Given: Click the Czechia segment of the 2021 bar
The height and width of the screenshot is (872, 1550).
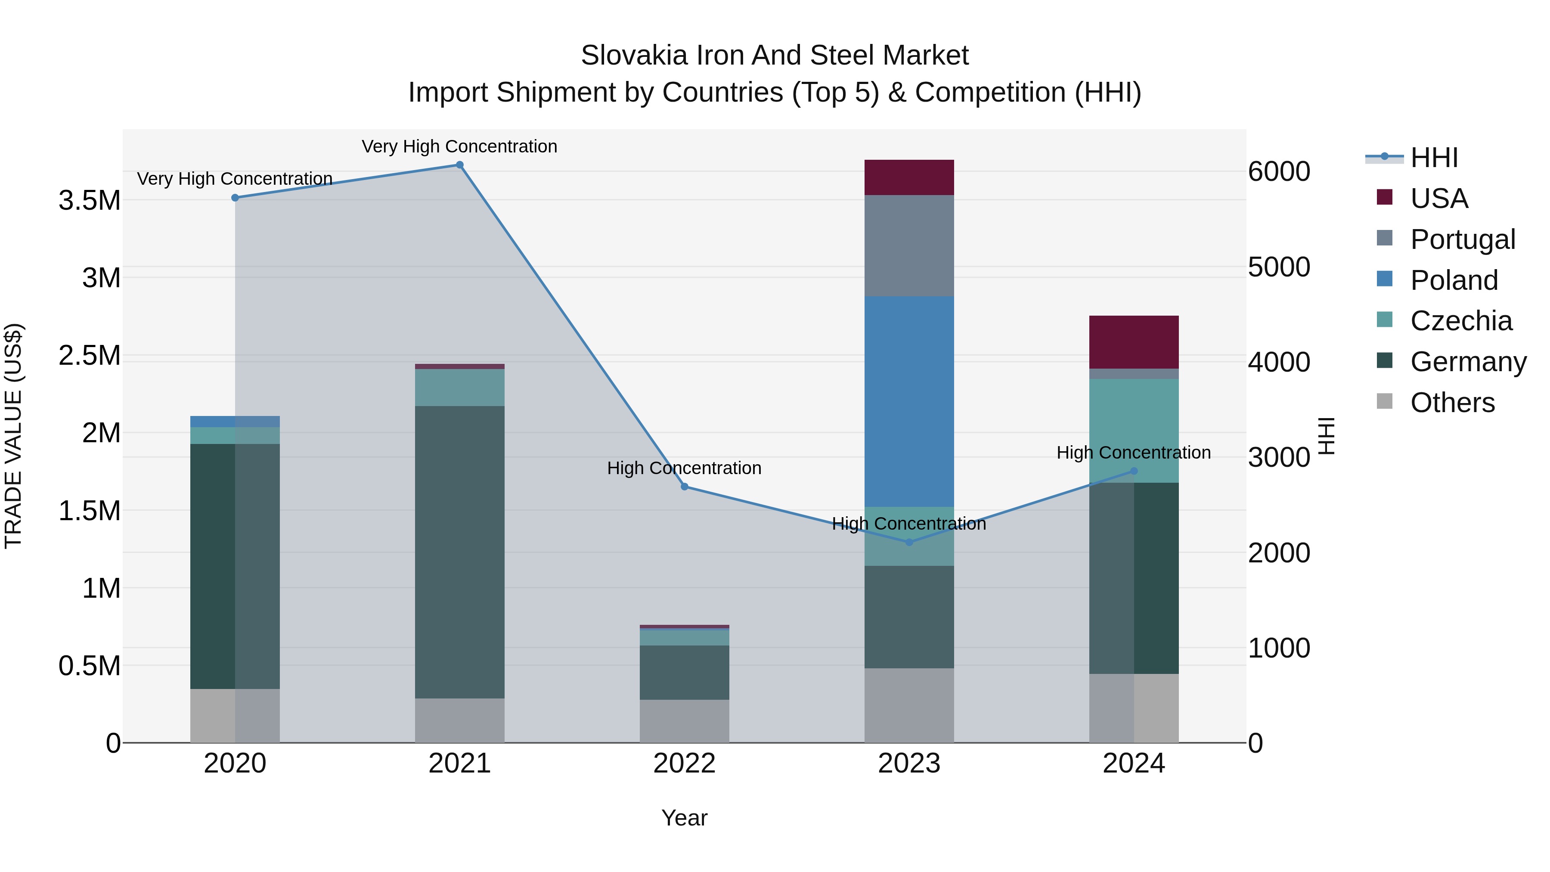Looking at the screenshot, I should pos(460,387).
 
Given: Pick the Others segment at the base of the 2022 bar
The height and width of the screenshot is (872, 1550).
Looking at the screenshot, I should pos(684,720).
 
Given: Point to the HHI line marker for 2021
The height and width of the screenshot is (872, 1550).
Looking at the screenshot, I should pos(460,165).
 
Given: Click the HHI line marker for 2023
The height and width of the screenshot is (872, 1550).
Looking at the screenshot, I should pos(909,542).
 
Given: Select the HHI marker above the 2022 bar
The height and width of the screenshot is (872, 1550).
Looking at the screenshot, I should pos(684,486).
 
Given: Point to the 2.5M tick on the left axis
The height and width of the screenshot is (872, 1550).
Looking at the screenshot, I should pos(89,355).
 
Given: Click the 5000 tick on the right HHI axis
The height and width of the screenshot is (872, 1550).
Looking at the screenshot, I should pos(1279,267).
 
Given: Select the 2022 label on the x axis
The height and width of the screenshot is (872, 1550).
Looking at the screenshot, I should pos(684,763).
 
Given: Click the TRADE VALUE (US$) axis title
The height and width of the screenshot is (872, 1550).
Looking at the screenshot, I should pos(13,436).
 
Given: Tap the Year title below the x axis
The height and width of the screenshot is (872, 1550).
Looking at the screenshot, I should pos(684,818).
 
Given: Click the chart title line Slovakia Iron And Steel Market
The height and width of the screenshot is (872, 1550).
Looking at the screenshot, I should pos(775,56).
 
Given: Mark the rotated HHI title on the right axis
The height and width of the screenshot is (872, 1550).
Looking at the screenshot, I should pos(1326,436).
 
